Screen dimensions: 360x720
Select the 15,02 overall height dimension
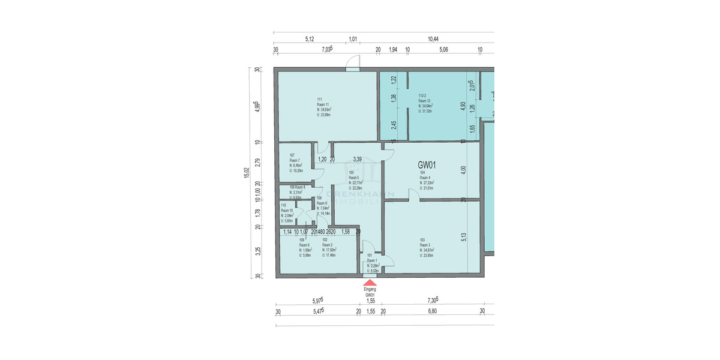click(247, 173)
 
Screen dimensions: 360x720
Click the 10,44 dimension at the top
click(433, 39)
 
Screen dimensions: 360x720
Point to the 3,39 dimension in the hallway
click(358, 159)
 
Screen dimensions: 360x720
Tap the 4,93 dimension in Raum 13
click(463, 107)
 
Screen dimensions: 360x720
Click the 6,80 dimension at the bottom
click(432, 311)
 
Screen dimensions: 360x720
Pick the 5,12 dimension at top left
click(310, 39)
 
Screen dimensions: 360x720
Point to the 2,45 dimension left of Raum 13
click(394, 125)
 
